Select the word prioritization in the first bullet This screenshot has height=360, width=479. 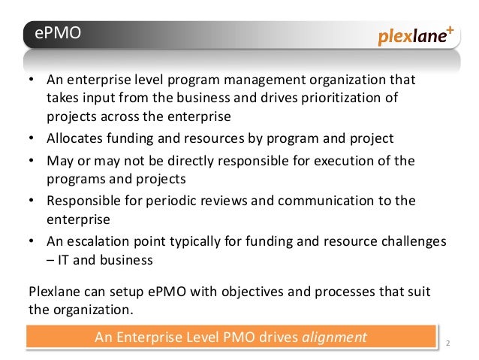click(x=352, y=98)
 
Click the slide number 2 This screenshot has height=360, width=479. click(x=447, y=344)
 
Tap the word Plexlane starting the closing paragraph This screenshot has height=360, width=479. click(x=53, y=291)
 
